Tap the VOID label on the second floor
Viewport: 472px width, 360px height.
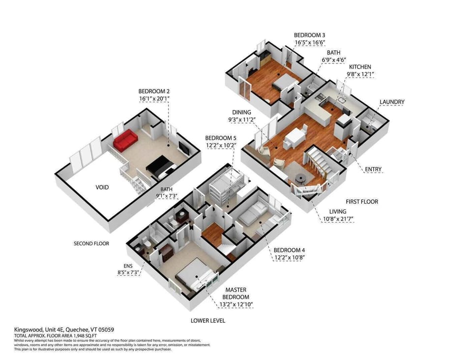tap(102, 187)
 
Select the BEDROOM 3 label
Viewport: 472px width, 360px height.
tap(309, 35)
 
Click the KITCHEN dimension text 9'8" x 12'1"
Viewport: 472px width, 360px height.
tap(360, 75)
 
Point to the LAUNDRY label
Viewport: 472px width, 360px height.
tap(392, 102)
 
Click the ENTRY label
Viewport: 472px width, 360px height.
tap(373, 170)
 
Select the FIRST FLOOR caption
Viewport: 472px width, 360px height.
tap(362, 202)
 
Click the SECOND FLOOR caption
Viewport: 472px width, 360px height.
tap(91, 243)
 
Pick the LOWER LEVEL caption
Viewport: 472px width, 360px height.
tap(208, 321)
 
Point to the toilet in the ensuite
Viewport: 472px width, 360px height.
tap(146, 243)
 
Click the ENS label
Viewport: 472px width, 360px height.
tap(129, 266)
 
